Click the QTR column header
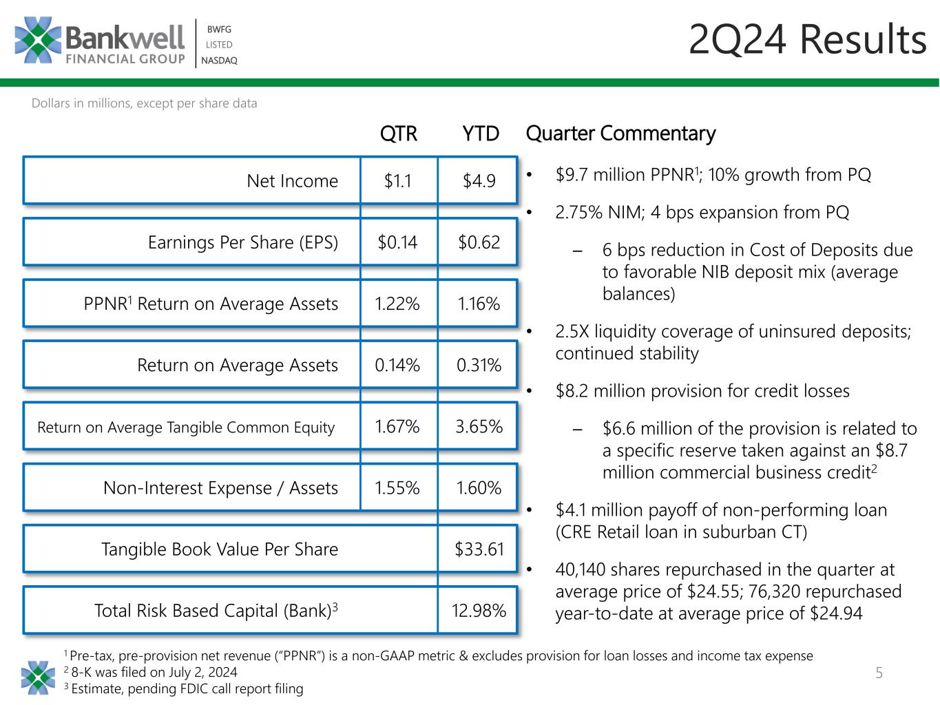pos(399,134)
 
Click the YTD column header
pos(480,134)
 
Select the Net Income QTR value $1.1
pos(397,181)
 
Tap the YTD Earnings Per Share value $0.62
pos(479,242)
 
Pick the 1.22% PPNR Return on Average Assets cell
pos(397,304)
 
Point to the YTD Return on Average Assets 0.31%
pos(479,365)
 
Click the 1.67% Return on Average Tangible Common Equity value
pos(397,426)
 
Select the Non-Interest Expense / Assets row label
pos(220,488)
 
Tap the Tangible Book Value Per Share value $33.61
pos(479,549)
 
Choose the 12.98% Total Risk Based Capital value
pos(479,611)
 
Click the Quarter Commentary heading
pos(620,134)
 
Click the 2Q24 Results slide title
pos(807,40)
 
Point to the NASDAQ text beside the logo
pos(219,61)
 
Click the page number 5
pos(879,673)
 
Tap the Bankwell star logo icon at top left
pos(38,40)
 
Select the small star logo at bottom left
pos(38,677)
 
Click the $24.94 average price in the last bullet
pos(836,613)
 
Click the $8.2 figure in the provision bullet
pos(572,391)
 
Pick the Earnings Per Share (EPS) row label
pos(242,242)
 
